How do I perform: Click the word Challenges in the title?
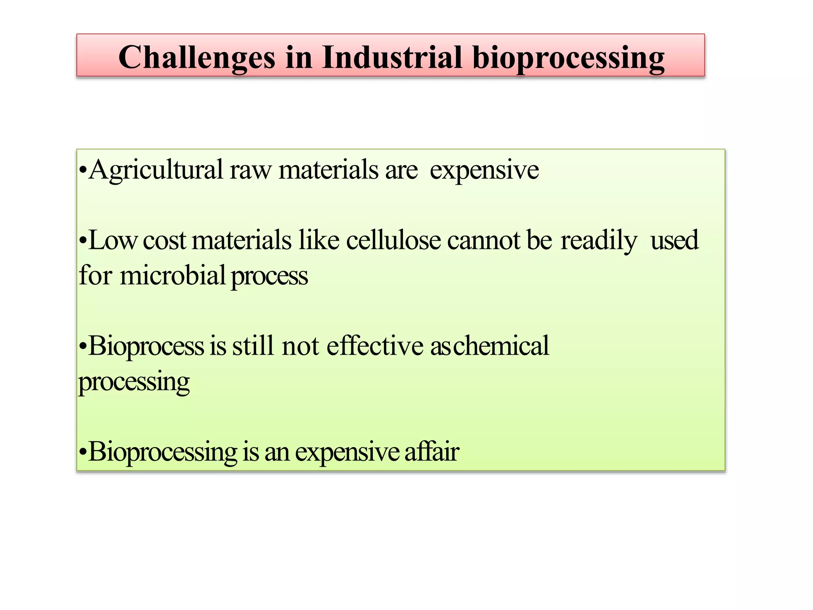(x=197, y=58)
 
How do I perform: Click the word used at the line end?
(x=674, y=240)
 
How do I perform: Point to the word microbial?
(x=173, y=275)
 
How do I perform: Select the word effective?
(x=375, y=346)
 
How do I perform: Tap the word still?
(x=253, y=346)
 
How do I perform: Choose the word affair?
(x=432, y=452)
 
